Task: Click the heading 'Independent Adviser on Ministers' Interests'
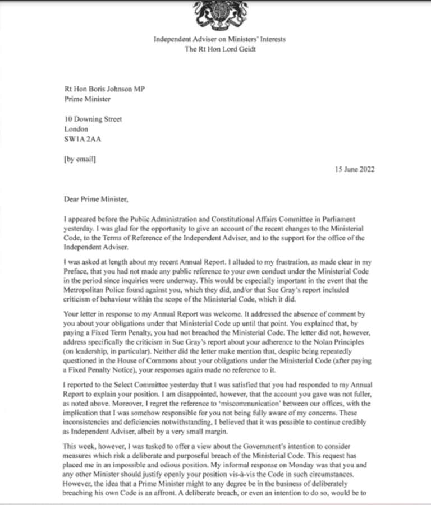(219, 39)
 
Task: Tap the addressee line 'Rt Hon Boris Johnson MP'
(102, 89)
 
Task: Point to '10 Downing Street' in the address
(93, 119)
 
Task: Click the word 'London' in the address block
(77, 129)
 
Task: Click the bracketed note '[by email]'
(80, 159)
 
